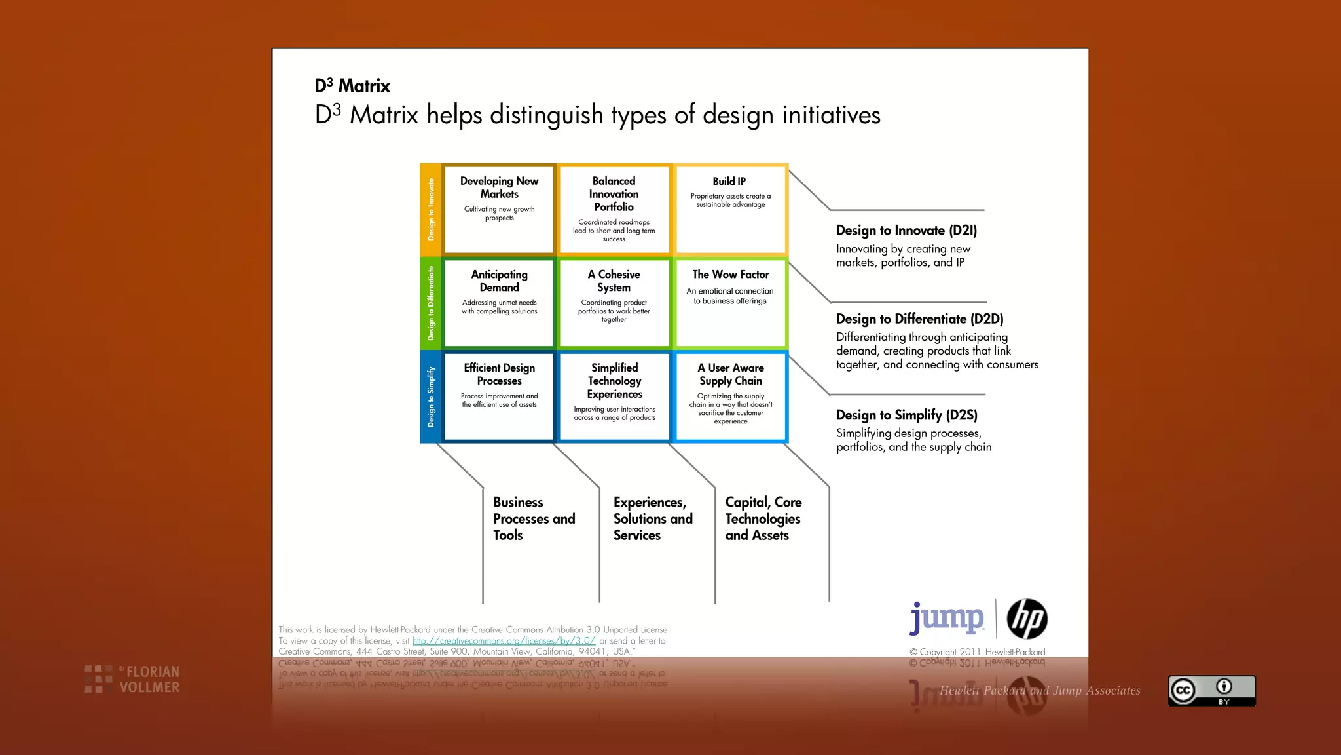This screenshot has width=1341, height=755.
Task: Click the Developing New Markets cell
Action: tap(499, 209)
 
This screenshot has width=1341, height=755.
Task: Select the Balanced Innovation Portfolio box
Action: tap(614, 209)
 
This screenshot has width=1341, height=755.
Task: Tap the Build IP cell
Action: tap(730, 209)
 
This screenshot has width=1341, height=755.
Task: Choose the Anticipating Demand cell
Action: tap(499, 303)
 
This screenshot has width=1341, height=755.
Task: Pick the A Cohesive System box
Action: tap(614, 303)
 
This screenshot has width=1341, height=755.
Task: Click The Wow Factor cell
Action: tap(730, 303)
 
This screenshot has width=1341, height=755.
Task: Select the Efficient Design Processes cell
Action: tap(499, 397)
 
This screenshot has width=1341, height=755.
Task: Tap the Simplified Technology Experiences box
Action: tap(614, 397)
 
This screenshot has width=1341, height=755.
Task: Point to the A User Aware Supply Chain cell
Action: tap(730, 397)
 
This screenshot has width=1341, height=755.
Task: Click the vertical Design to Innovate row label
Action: tap(431, 209)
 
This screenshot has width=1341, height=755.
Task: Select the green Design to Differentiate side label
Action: tap(431, 303)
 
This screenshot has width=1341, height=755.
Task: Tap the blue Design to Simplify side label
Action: tap(431, 397)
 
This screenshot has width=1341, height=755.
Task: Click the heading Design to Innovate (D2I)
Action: tap(906, 231)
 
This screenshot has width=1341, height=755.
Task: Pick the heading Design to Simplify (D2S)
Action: tap(906, 415)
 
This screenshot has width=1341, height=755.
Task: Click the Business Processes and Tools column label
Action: tap(534, 518)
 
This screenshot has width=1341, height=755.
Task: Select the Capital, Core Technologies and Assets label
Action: tap(763, 518)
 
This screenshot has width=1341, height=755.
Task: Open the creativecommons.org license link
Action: tap(504, 641)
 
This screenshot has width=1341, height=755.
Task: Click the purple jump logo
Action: tap(947, 618)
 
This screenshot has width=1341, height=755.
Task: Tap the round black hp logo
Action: tap(1027, 619)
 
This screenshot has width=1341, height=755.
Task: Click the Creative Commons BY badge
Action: tap(1211, 690)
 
